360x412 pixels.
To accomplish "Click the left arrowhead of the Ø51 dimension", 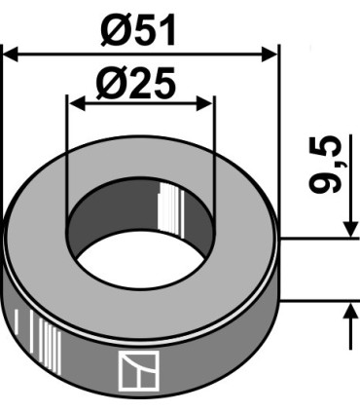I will (x=12, y=55).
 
